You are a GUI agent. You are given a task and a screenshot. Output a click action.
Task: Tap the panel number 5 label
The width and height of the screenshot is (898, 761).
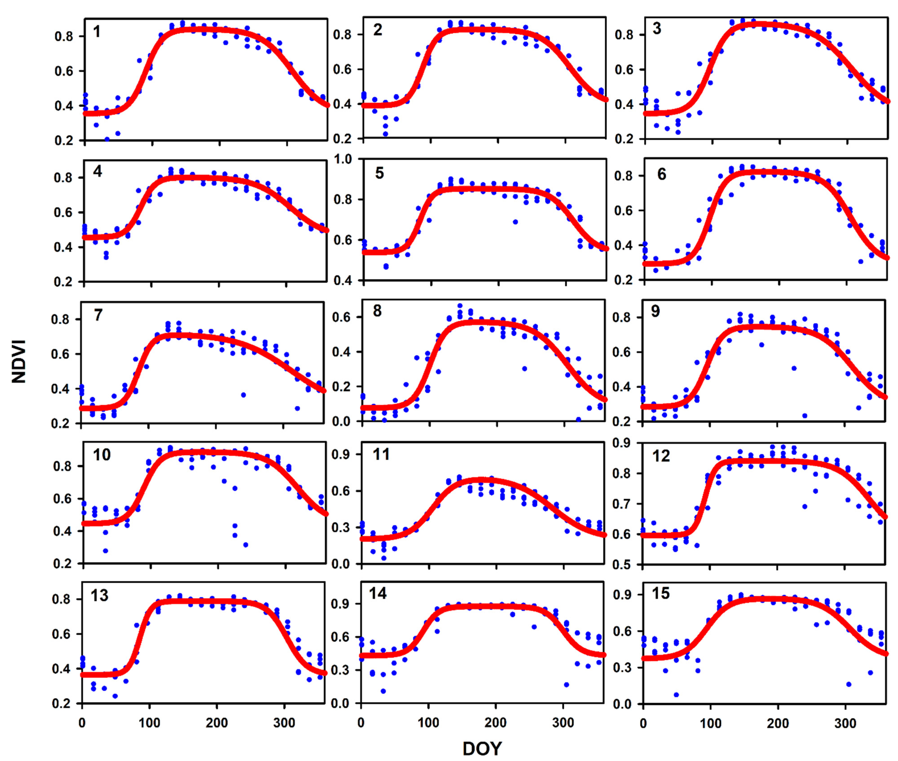pyautogui.click(x=379, y=173)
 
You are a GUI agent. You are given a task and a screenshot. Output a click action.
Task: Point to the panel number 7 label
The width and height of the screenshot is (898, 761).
pyautogui.click(x=98, y=315)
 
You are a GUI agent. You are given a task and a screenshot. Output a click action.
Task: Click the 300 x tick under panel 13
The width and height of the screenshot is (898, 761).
pyautogui.click(x=284, y=723)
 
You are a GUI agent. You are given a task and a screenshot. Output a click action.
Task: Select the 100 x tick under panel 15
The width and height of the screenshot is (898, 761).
pyautogui.click(x=710, y=723)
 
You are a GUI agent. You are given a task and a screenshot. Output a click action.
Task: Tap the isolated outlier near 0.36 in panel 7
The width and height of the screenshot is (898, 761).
pyautogui.click(x=243, y=395)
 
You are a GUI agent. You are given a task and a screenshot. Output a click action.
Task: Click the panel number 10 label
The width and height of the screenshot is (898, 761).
pyautogui.click(x=102, y=455)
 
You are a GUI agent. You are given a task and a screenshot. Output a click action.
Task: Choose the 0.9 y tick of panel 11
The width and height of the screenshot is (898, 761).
pyautogui.click(x=342, y=454)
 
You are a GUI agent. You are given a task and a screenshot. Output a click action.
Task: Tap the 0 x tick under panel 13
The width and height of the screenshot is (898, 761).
pyautogui.click(x=82, y=723)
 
